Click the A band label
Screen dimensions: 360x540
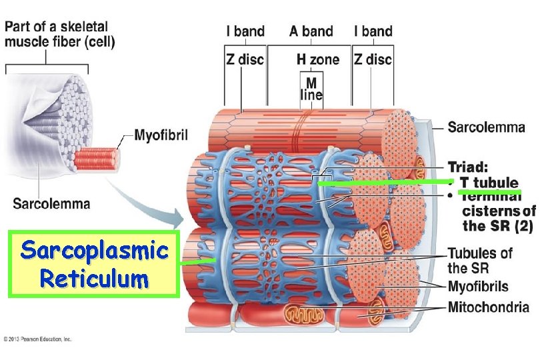point(311,31)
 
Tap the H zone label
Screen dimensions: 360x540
point(317,59)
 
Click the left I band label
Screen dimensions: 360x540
point(245,31)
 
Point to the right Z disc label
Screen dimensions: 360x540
point(373,59)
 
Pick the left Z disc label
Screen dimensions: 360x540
point(245,59)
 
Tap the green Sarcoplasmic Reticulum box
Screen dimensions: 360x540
point(93,264)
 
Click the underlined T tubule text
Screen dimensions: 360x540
point(489,183)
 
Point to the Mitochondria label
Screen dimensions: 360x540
point(488,307)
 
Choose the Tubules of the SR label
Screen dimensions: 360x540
point(479,261)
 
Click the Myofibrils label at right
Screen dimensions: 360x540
point(478,287)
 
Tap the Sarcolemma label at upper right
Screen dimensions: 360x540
point(486,127)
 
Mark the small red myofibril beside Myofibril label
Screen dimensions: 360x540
point(96,159)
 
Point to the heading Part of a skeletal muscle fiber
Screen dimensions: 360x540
point(61,35)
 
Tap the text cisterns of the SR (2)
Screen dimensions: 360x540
point(498,218)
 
